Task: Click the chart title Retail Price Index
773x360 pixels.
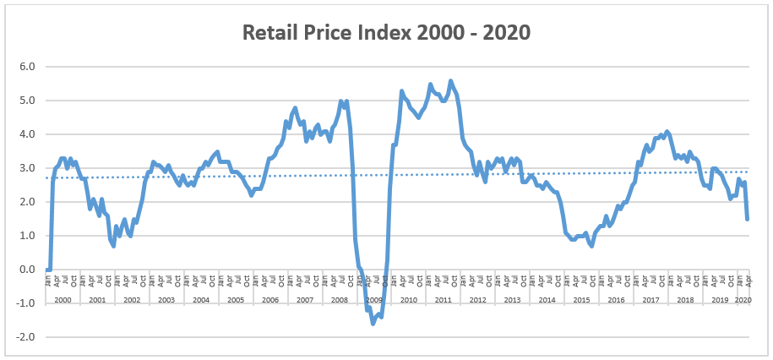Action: [x=386, y=32]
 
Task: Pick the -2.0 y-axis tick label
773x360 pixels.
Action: [x=25, y=337]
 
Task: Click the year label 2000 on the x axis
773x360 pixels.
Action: [x=63, y=300]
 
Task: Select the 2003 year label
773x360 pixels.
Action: [x=166, y=300]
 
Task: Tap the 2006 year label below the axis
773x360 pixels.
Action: [x=270, y=300]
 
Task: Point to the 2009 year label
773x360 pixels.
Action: [x=374, y=300]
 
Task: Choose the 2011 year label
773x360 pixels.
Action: [x=444, y=300]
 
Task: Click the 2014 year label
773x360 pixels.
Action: [x=547, y=300]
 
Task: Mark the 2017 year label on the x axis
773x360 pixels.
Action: [x=651, y=300]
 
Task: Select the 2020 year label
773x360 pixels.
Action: [x=743, y=300]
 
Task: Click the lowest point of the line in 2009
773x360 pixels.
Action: [x=373, y=324]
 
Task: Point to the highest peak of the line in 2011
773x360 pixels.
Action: [x=450, y=81]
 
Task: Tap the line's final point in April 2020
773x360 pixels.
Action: [x=748, y=219]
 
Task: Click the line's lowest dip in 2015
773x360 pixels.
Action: [x=591, y=245]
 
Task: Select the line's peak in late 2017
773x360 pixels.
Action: [x=667, y=132]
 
